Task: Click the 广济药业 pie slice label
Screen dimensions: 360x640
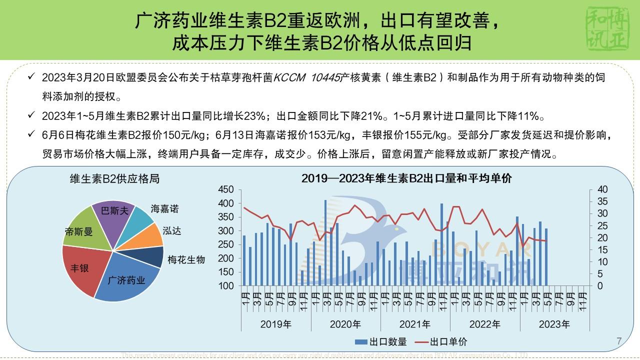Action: (126, 280)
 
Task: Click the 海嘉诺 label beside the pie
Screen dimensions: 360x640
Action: (164, 209)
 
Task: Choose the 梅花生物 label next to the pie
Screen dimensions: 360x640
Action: (186, 259)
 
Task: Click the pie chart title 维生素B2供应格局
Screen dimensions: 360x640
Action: (115, 179)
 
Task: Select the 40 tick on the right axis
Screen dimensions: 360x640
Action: (602, 190)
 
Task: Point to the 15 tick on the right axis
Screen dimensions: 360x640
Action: (602, 250)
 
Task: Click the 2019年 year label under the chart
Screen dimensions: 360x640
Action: (275, 324)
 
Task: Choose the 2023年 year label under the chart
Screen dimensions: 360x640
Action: (554, 324)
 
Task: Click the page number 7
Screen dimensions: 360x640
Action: (619, 341)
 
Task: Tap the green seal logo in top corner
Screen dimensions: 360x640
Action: (608, 29)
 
